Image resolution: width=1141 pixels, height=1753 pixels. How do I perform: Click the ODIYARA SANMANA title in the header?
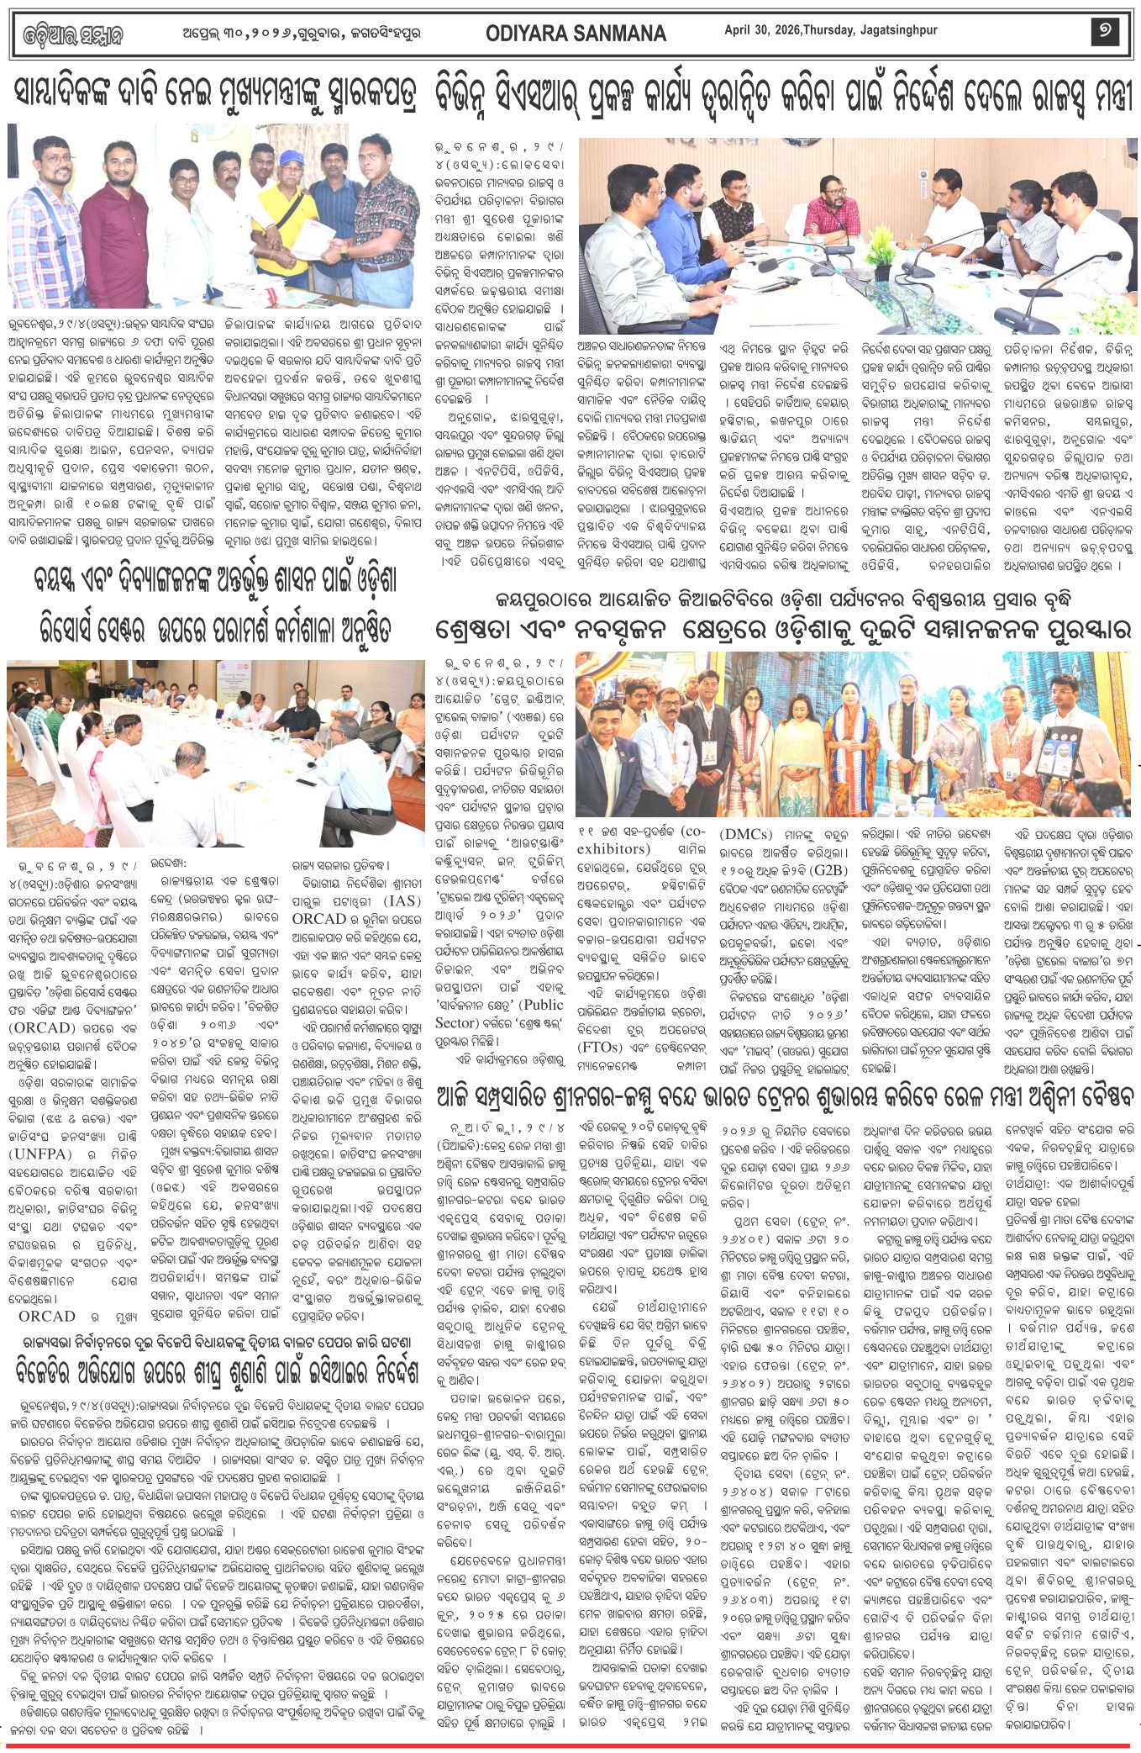tap(576, 34)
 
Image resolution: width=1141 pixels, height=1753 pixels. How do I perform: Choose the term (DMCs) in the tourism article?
tap(745, 835)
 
